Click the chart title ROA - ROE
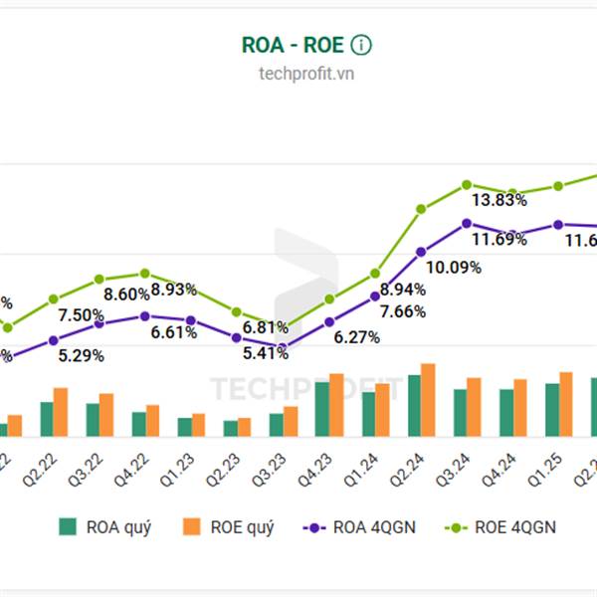(x=294, y=45)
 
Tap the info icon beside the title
(x=361, y=45)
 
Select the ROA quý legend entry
(x=105, y=527)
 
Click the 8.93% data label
(x=174, y=290)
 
